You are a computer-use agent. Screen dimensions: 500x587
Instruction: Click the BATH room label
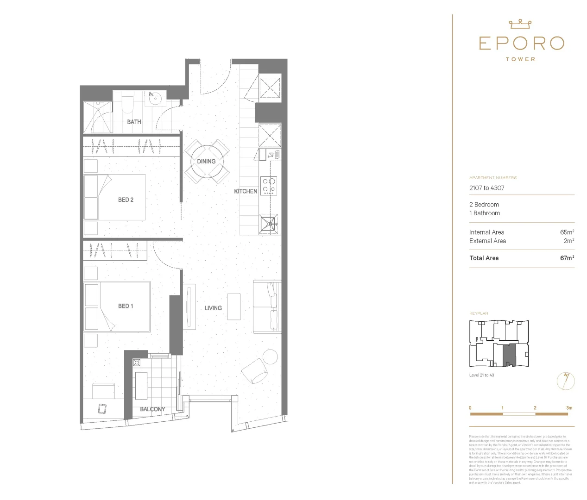(x=134, y=122)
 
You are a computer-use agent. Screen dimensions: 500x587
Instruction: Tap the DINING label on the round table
(x=206, y=162)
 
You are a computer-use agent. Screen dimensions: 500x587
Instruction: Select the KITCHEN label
(x=246, y=191)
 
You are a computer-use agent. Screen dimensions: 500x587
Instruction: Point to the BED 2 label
(x=126, y=200)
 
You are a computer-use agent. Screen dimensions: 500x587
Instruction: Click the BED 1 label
(x=126, y=306)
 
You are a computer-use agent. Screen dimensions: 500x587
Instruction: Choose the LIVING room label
(x=213, y=308)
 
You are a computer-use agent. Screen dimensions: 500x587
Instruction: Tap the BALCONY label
(x=152, y=409)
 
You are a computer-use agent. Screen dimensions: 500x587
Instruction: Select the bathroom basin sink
(x=155, y=98)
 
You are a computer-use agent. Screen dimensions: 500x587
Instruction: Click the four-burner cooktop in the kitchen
(x=269, y=185)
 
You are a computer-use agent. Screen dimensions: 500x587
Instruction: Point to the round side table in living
(x=270, y=356)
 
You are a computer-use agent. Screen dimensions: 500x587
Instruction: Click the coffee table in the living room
(x=234, y=306)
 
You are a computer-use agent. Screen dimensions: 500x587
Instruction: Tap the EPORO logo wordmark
(x=521, y=44)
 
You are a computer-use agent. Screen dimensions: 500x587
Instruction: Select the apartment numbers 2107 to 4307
(x=487, y=188)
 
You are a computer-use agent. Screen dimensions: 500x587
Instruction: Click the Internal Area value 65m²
(x=567, y=232)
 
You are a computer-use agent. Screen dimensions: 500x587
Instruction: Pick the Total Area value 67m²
(x=567, y=258)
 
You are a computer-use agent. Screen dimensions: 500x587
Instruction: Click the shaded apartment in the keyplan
(x=509, y=355)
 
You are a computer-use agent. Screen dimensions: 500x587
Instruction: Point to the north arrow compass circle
(x=565, y=381)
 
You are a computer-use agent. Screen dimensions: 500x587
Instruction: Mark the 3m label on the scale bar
(x=569, y=408)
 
